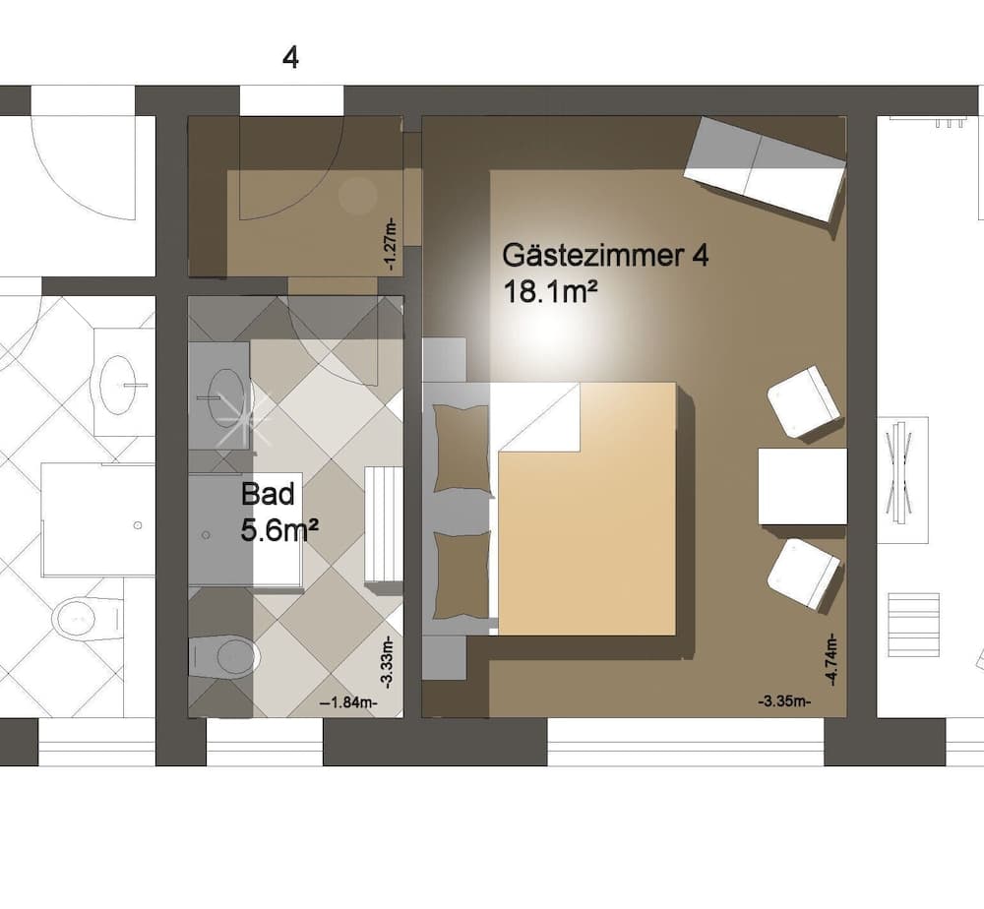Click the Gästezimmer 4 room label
click(x=604, y=256)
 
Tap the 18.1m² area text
click(x=552, y=293)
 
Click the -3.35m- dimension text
click(x=784, y=701)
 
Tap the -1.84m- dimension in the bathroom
click(x=348, y=702)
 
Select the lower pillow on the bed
click(x=461, y=576)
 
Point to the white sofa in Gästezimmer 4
click(x=765, y=168)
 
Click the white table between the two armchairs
click(x=802, y=486)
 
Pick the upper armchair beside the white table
click(x=804, y=401)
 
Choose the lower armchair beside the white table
click(x=804, y=573)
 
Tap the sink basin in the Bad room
click(x=227, y=395)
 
